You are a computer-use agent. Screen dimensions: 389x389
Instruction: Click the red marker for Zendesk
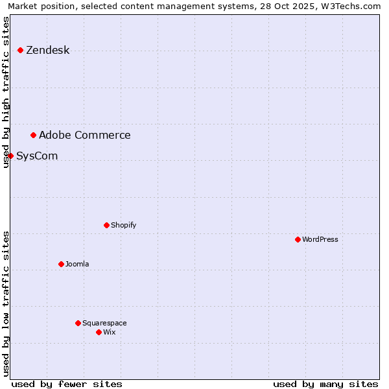click(20, 50)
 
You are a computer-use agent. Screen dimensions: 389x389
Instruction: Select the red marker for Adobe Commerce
click(33, 135)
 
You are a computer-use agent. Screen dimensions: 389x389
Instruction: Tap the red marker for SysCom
click(10, 156)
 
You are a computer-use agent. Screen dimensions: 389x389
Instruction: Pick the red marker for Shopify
click(106, 225)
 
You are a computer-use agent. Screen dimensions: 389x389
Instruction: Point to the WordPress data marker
click(298, 239)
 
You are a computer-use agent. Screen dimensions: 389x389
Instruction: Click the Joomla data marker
click(61, 264)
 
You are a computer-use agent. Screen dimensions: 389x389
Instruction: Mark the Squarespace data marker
click(78, 323)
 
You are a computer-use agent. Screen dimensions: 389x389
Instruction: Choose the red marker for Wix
click(99, 332)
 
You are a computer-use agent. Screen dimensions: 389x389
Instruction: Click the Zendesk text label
click(47, 50)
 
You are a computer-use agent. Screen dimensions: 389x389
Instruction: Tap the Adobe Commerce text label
click(84, 135)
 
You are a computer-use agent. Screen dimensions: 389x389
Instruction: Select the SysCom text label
click(37, 156)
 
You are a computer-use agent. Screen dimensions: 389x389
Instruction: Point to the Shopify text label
click(123, 225)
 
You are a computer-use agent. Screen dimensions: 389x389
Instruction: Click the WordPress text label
click(320, 239)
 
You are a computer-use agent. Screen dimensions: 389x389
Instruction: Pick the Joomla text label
click(77, 264)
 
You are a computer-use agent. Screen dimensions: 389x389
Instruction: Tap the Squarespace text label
click(104, 323)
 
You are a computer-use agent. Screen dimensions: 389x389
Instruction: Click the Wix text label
click(109, 332)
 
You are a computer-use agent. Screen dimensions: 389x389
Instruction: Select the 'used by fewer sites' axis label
click(67, 384)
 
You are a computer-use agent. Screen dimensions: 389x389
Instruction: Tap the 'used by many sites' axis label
click(325, 384)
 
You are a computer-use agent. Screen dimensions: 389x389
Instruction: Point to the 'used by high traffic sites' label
click(6, 92)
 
